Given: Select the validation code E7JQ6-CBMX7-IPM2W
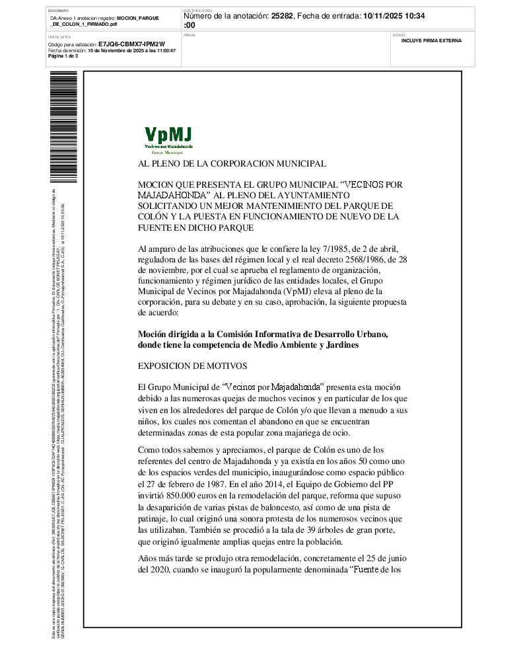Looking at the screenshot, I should coord(131,44).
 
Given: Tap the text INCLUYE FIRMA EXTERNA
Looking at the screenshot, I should coord(431,40).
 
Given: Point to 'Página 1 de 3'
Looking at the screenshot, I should coord(63,56).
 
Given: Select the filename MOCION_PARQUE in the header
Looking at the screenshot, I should coord(139,19).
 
